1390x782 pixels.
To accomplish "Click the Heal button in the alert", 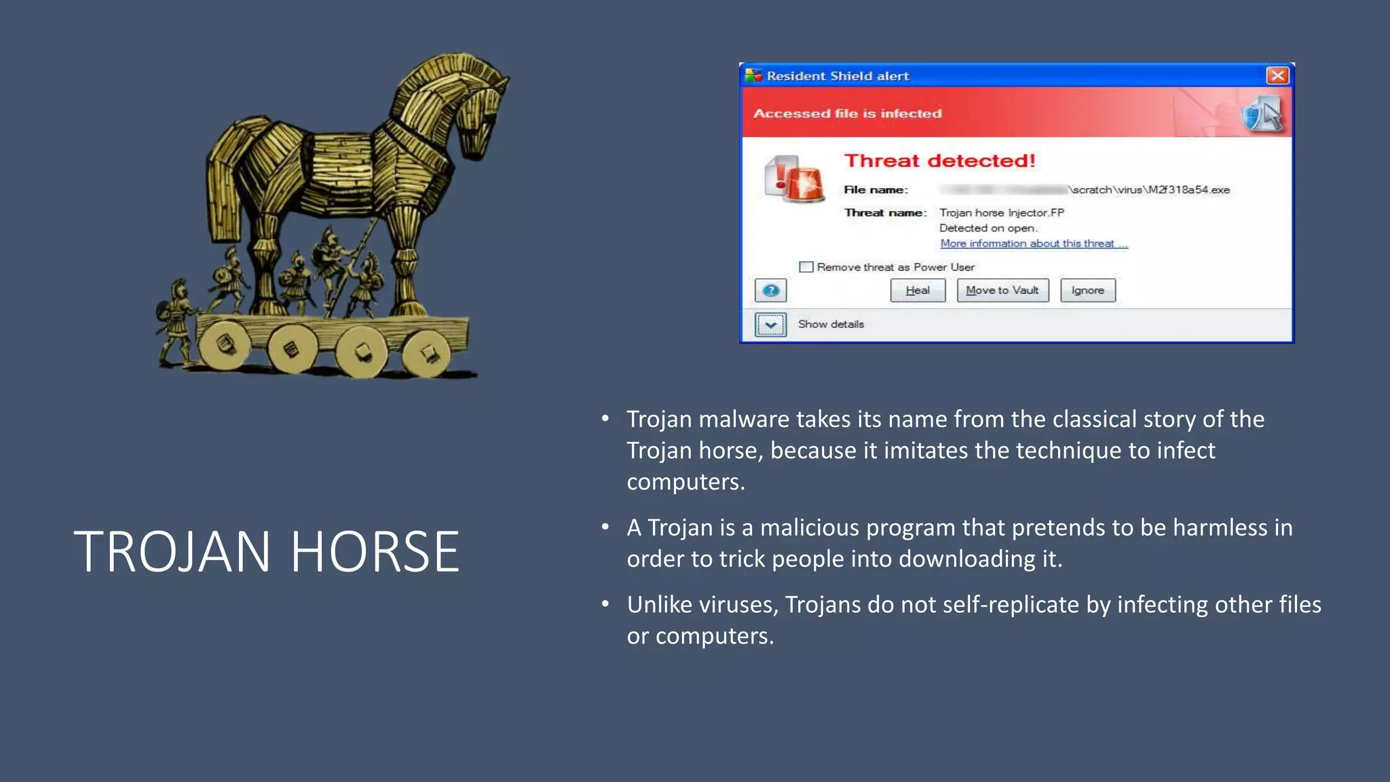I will click(918, 291).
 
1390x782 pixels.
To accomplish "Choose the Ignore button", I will click(1087, 291).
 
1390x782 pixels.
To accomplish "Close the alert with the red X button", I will click(1277, 75).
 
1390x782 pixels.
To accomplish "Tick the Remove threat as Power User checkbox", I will click(806, 267).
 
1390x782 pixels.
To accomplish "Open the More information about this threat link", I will click(1034, 244).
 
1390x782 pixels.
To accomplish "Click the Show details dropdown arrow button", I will click(770, 324).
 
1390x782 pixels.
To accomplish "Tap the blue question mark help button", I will click(770, 291).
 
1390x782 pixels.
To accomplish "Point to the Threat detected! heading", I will click(939, 161).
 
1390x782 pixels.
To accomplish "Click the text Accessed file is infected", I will click(847, 113).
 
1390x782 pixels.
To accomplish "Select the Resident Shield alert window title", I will click(838, 76).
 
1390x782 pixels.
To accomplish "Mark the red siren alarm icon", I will click(794, 179).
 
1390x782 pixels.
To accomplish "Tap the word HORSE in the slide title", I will click(375, 551).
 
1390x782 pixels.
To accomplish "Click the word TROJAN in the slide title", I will click(172, 551).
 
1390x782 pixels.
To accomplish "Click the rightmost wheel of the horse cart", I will click(426, 353).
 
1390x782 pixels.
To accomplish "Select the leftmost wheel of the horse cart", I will click(225, 344).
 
